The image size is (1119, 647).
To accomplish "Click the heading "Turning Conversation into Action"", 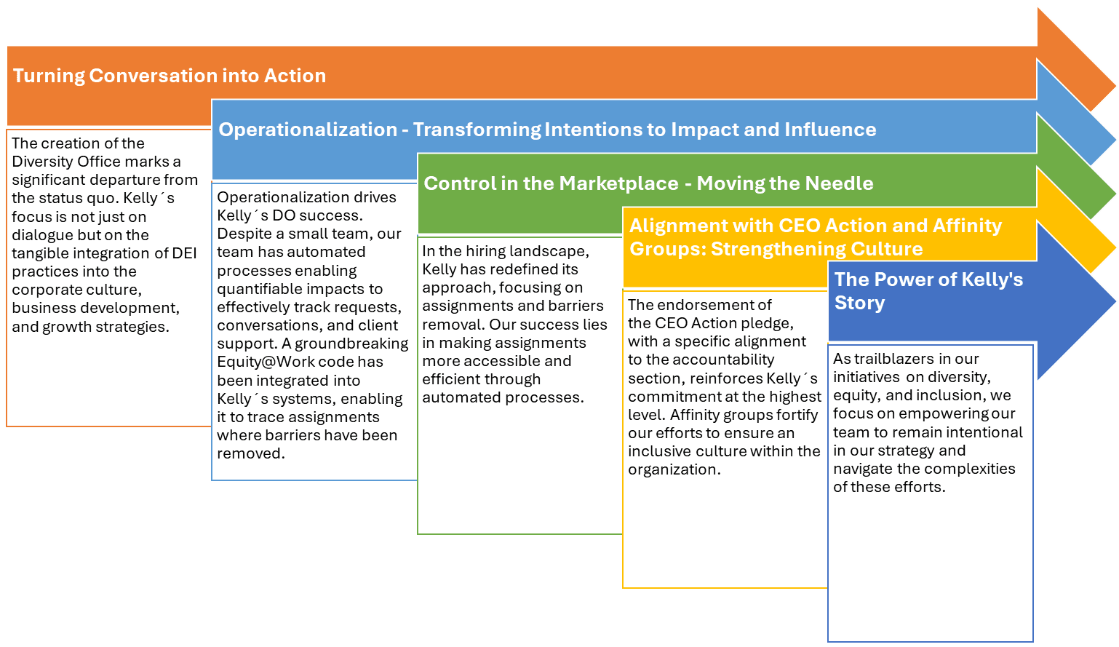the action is tap(170, 76).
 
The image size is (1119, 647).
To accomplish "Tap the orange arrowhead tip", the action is tap(1115, 85).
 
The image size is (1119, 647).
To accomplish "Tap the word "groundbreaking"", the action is tap(351, 344).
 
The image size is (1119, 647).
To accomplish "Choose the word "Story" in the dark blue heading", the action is tap(859, 303).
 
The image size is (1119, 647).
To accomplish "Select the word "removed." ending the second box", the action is tap(251, 453).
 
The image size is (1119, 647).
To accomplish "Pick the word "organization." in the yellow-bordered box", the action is tap(674, 469).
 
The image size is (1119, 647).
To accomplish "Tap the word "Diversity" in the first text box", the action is tap(44, 162).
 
